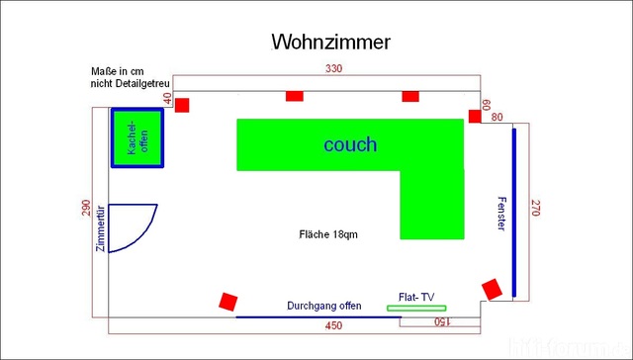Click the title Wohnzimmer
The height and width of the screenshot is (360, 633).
pyautogui.click(x=330, y=42)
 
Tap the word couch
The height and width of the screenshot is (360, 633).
pyautogui.click(x=350, y=144)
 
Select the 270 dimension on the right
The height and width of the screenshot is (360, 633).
pyautogui.click(x=536, y=208)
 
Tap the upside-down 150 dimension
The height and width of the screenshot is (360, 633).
pyautogui.click(x=441, y=322)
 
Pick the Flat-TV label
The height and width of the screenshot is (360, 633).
pyautogui.click(x=414, y=297)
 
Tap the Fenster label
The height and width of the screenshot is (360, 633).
pyautogui.click(x=500, y=214)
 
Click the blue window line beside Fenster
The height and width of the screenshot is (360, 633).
pyautogui.click(x=514, y=212)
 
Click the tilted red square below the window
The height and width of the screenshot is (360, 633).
pyautogui.click(x=492, y=290)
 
